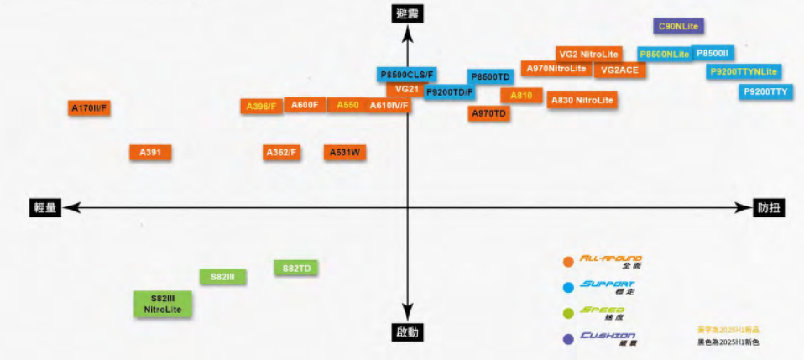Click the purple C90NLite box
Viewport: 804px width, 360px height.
point(678,27)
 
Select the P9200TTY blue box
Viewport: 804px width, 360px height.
point(766,91)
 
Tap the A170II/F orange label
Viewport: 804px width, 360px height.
point(91,108)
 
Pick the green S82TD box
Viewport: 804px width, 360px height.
point(296,269)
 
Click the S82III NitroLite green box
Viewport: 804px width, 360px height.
point(163,304)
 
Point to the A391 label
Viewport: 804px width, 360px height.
point(151,153)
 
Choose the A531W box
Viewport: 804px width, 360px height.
point(344,153)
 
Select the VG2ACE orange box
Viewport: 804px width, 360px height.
point(620,70)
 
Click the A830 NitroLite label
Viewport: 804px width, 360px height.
point(582,100)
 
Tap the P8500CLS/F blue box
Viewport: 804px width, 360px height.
point(407,75)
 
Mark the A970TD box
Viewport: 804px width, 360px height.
point(488,113)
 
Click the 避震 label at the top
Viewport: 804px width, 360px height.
point(408,13)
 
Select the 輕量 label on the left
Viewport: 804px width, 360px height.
point(45,208)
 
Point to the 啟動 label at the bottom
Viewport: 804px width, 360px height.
point(408,332)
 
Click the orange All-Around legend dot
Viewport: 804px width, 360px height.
point(569,261)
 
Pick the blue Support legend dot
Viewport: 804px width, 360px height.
point(569,287)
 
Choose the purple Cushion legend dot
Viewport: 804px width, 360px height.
point(569,338)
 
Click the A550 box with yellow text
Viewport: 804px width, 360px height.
point(347,105)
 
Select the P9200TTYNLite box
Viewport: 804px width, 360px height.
point(743,71)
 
